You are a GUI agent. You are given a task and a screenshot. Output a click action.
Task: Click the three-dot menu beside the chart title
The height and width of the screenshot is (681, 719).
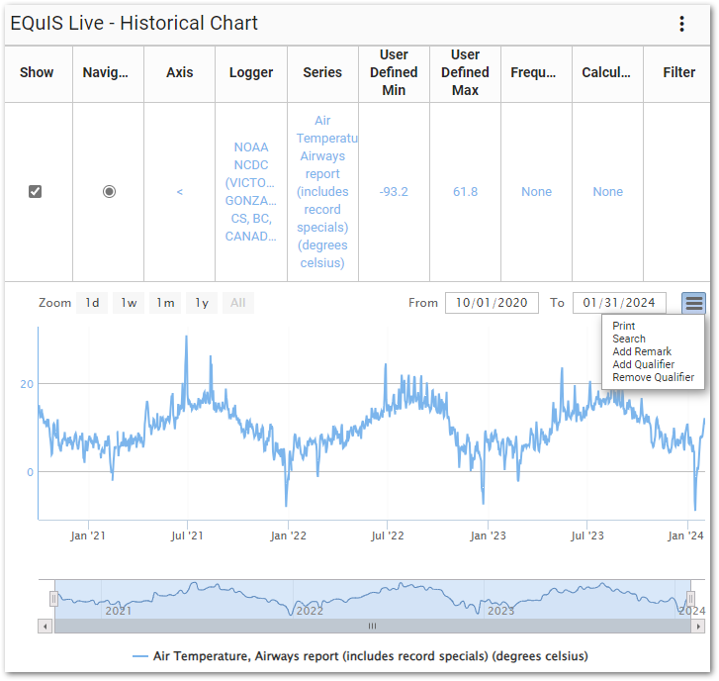click(681, 25)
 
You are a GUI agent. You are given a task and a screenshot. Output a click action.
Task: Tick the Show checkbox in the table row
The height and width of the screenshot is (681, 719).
click(36, 191)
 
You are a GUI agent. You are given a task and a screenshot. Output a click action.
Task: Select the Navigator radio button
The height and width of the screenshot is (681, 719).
click(109, 191)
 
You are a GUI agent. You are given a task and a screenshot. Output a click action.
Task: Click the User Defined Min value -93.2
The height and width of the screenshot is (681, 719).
click(394, 191)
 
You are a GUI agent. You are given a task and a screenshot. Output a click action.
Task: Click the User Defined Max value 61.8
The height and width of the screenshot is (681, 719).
click(465, 191)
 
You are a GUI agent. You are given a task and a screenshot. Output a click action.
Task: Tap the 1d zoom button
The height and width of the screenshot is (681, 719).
click(92, 303)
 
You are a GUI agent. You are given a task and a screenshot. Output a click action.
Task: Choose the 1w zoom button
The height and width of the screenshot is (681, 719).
click(129, 303)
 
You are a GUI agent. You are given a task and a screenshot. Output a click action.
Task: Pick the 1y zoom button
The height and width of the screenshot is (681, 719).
click(202, 303)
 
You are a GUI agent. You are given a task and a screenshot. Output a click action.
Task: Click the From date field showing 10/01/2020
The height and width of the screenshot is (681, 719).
click(493, 303)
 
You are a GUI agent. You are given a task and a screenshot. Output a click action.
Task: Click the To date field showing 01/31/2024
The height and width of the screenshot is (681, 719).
click(619, 303)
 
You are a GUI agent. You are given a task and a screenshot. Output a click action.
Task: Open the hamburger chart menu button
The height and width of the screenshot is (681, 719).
click(694, 303)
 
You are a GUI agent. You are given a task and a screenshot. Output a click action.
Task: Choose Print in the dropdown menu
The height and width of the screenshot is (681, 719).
click(624, 326)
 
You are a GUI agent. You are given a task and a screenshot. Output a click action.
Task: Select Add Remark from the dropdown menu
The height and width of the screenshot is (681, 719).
click(642, 351)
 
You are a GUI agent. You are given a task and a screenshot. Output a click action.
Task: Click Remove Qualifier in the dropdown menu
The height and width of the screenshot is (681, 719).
click(653, 377)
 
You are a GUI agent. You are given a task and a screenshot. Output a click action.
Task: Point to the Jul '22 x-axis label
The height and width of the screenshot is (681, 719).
click(388, 535)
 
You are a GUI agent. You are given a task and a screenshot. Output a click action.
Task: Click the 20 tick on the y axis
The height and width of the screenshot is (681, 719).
click(28, 384)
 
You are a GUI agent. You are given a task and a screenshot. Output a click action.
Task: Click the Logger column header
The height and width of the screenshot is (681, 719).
click(251, 72)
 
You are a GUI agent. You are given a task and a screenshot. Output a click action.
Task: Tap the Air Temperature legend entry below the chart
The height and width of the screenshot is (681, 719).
click(360, 655)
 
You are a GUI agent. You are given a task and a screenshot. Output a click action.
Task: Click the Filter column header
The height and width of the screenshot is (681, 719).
click(679, 72)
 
